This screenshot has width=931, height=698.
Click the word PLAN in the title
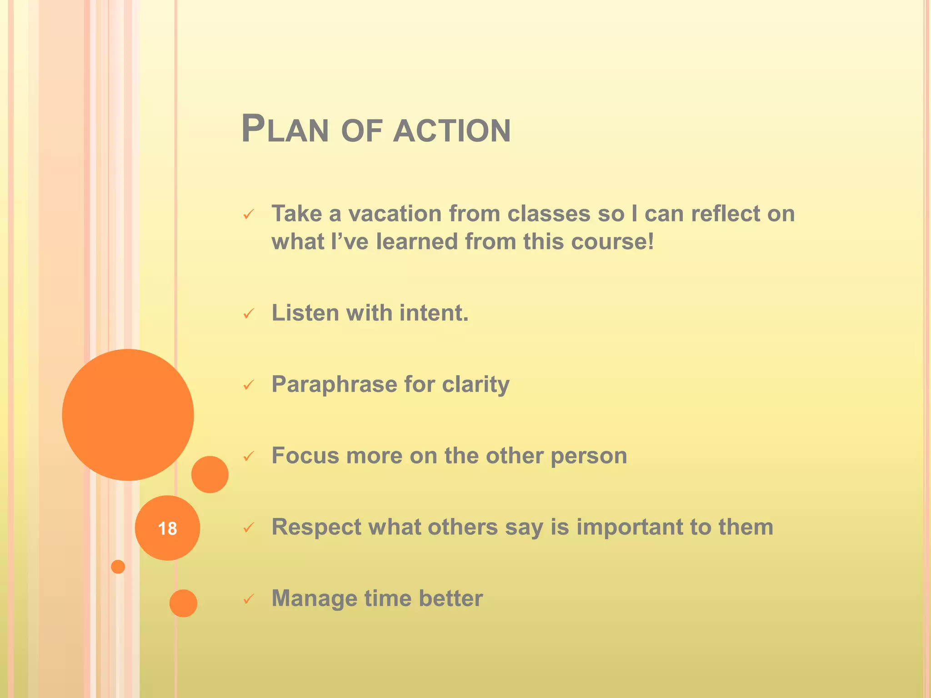click(285, 130)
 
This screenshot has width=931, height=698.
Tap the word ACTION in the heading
click(452, 131)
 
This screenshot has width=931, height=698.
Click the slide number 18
click(167, 528)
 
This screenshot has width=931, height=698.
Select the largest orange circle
click(128, 414)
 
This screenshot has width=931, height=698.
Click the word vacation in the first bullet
click(395, 214)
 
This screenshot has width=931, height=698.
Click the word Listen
click(305, 313)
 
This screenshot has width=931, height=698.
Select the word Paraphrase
click(334, 384)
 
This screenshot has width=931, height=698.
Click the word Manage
click(314, 598)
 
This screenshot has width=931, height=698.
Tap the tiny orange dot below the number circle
click(118, 567)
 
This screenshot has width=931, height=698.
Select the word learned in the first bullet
click(417, 241)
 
